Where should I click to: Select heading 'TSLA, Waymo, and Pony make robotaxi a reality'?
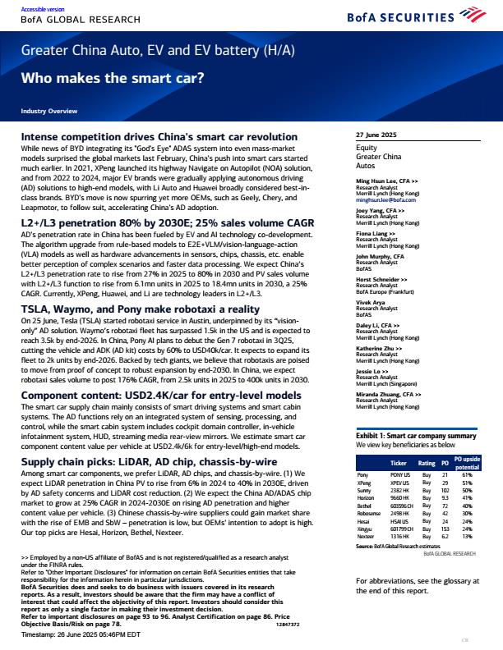point(142,261)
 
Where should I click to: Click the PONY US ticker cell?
point(399,474)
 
